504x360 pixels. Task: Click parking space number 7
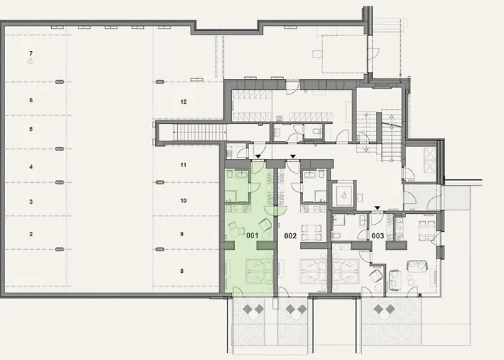[31, 54]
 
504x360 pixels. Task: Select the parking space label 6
[31, 101]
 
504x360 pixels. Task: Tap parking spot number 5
[31, 129]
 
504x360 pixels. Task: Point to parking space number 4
[31, 167]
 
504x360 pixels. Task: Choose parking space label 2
[31, 235]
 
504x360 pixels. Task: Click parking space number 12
[184, 102]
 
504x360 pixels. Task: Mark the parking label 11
[184, 165]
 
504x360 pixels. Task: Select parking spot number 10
[184, 200]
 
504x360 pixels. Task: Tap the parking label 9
[184, 235]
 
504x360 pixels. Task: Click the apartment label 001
[252, 235]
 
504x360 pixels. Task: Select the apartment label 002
[291, 235]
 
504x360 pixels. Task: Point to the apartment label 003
[378, 235]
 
